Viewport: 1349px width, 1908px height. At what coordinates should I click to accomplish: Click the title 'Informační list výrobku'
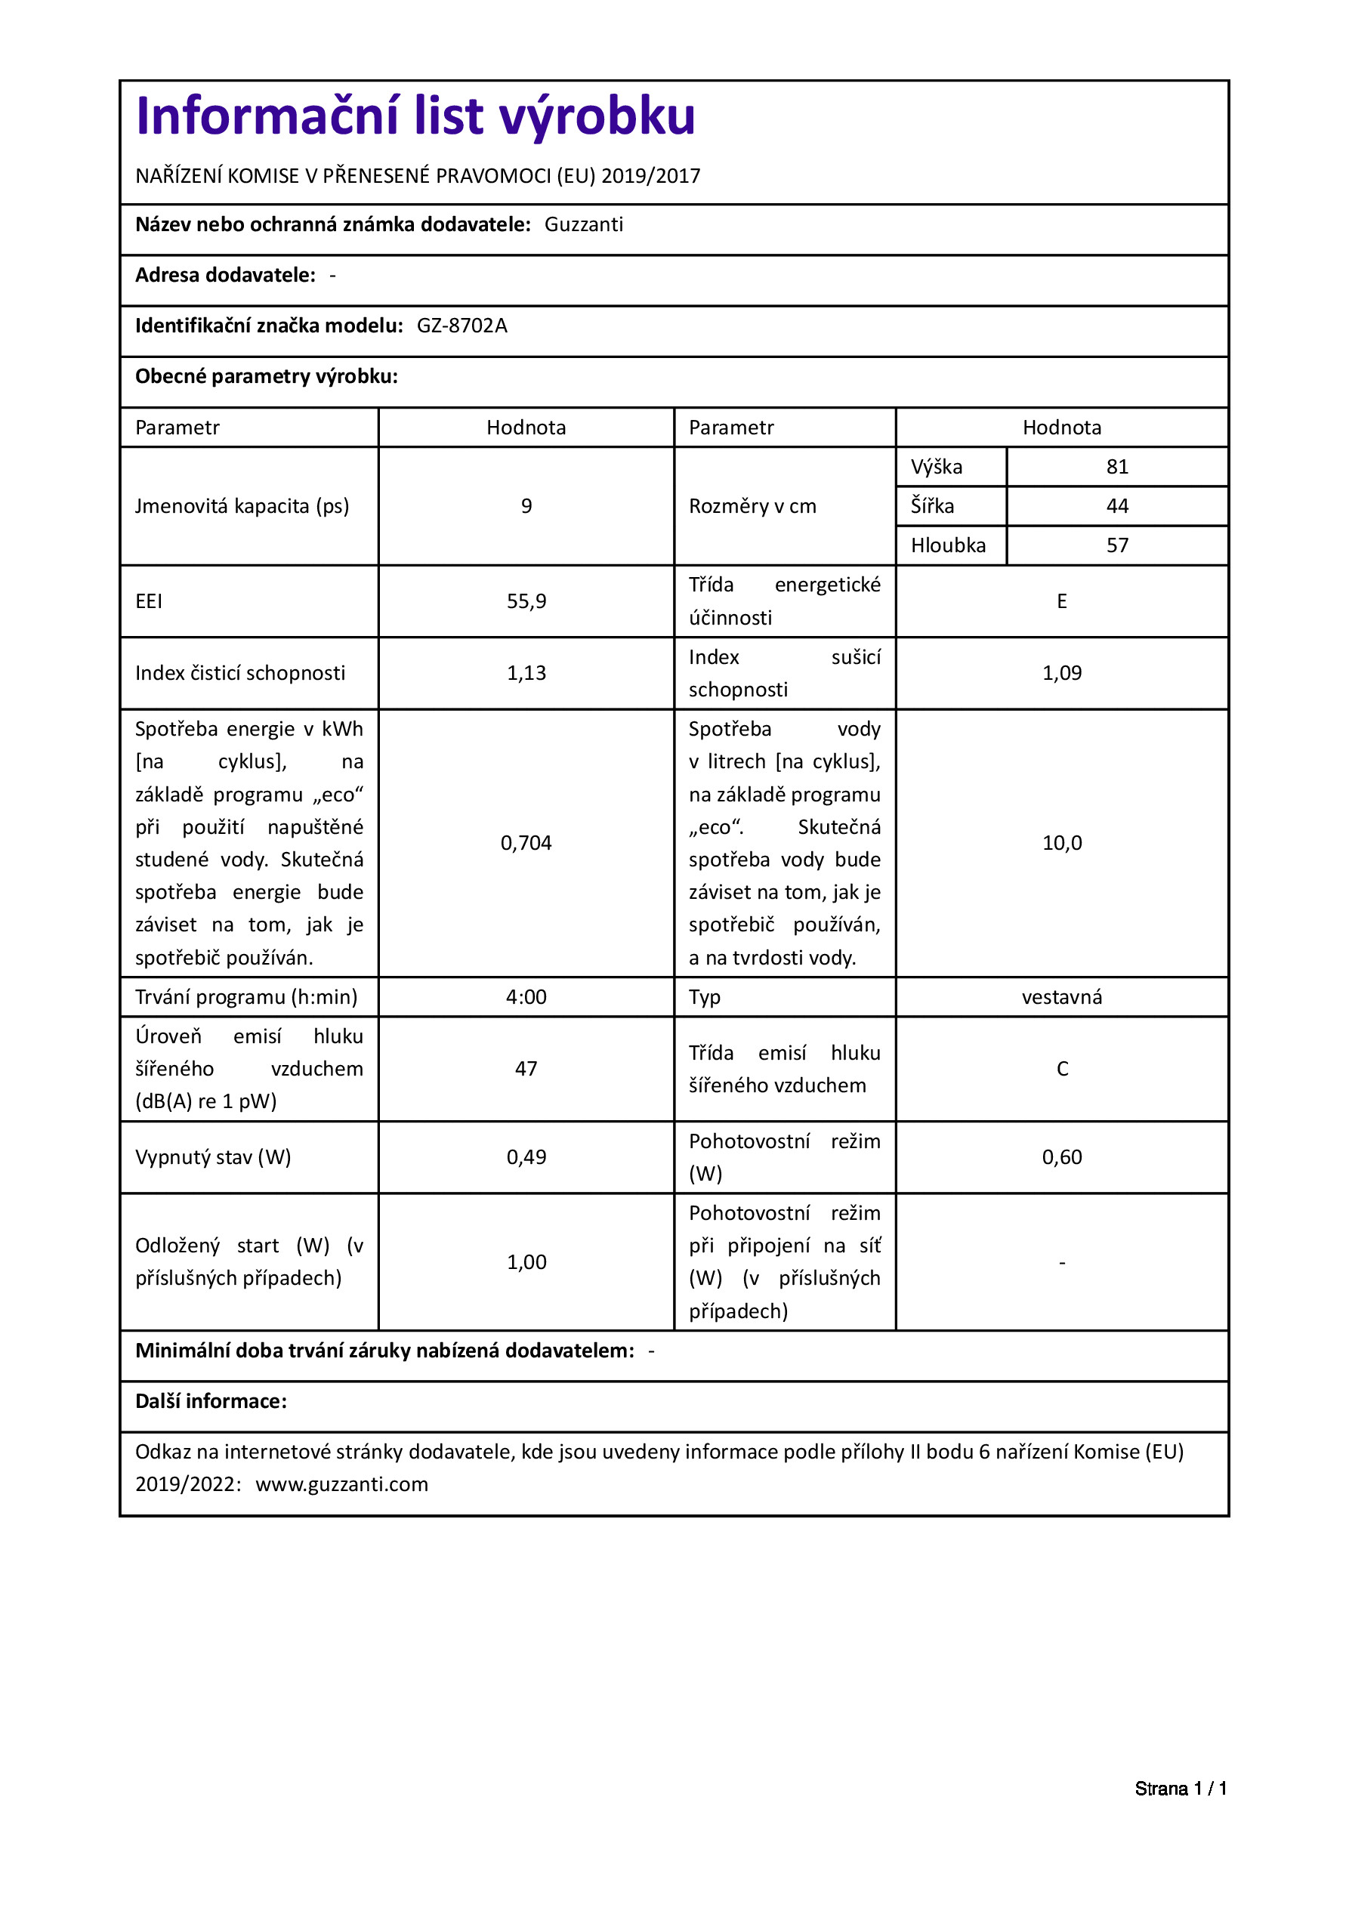tap(415, 116)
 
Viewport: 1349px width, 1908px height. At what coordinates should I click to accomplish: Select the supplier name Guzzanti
tap(584, 224)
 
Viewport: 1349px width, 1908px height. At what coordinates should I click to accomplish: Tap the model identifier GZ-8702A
tap(462, 326)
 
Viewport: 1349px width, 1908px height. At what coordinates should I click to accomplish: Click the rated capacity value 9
tap(526, 506)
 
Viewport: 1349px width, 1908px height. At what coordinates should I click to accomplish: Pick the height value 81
tap(1117, 467)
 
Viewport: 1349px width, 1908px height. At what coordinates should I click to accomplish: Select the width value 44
tap(1117, 506)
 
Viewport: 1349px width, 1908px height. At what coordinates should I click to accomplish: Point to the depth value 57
tap(1117, 545)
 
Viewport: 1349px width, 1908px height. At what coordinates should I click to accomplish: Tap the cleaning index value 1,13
tap(526, 673)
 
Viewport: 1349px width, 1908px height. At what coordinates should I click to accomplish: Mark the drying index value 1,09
tap(1061, 673)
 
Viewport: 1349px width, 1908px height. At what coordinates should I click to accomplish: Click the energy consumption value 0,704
tap(526, 844)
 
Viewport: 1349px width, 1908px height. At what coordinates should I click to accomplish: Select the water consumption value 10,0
tap(1061, 844)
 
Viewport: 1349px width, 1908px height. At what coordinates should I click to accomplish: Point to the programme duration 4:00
tap(526, 997)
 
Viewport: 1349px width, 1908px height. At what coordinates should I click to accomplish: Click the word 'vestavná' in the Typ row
tap(1061, 997)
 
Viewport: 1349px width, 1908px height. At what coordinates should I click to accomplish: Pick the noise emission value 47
tap(526, 1069)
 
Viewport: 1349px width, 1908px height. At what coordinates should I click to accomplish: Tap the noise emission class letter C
tap(1061, 1069)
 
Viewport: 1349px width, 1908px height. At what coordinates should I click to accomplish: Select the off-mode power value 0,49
tap(526, 1158)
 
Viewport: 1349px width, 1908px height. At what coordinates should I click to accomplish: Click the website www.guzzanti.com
tap(341, 1484)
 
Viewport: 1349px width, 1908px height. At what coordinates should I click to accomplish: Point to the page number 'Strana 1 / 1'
tap(1181, 1789)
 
